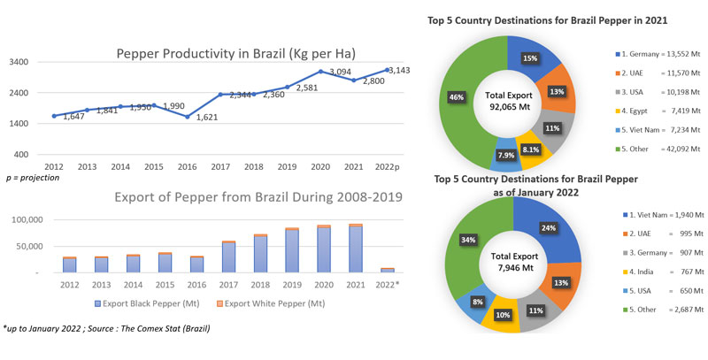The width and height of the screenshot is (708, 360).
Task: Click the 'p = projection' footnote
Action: coord(33,178)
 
